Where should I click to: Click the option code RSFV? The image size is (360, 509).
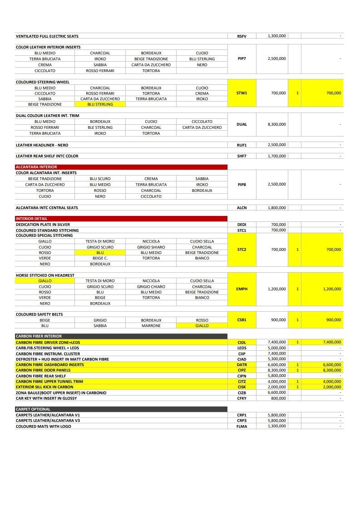point(242,36)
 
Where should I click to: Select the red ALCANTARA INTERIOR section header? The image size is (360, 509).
point(36,167)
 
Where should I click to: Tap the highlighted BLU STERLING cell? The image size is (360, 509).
point(100,104)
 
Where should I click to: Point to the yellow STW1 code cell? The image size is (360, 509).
point(242,93)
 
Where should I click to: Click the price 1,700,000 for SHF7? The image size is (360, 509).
point(277,156)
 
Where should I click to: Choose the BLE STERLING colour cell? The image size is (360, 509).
point(100,127)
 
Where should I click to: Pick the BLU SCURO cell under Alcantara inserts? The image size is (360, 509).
point(100,179)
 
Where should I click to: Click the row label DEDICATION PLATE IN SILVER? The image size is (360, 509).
point(43,225)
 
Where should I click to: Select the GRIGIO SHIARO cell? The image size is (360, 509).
point(151,247)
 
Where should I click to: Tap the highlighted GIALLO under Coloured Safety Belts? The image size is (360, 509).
point(202,326)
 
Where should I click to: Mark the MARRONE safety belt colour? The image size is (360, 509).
point(151,326)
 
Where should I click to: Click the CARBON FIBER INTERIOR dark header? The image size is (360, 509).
point(39,336)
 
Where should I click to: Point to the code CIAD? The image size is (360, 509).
point(242,359)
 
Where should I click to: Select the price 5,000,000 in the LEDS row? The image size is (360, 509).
point(277,348)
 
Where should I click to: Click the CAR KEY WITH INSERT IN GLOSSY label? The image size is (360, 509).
point(46,398)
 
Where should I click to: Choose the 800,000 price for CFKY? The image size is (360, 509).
point(279,398)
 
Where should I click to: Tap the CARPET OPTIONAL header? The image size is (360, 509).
point(33,409)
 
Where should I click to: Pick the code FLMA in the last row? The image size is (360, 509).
point(242,426)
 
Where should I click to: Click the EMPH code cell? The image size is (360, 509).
point(242,289)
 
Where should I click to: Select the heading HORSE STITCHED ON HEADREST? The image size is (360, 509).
point(45,275)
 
